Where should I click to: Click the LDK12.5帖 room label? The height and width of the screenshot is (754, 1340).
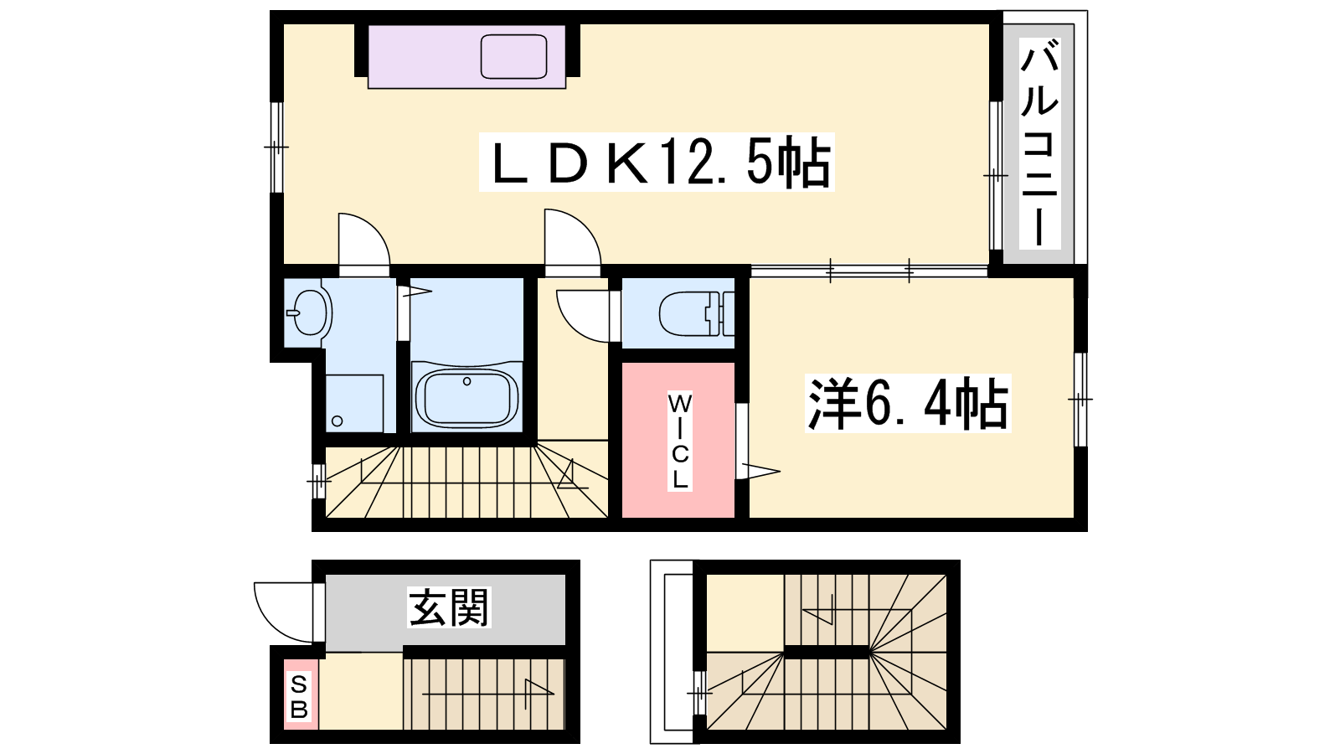click(x=657, y=163)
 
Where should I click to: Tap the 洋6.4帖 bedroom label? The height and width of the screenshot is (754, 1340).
click(x=908, y=403)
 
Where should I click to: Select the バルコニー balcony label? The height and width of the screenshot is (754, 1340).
click(x=1039, y=142)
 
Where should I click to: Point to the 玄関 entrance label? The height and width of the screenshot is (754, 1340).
click(x=449, y=607)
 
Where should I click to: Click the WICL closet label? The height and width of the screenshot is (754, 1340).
click(x=679, y=442)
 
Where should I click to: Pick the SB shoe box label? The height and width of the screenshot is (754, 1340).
click(x=298, y=696)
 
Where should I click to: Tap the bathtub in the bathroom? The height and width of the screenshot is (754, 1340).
click(x=466, y=397)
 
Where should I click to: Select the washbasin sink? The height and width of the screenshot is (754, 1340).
click(x=309, y=312)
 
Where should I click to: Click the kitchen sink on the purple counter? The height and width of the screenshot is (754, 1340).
click(x=514, y=57)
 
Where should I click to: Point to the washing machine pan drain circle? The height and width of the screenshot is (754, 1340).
click(x=337, y=421)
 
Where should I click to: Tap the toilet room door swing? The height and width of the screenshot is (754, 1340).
click(x=584, y=316)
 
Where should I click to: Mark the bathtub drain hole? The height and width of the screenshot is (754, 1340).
click(x=467, y=381)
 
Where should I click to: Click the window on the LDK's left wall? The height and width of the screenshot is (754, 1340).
click(x=276, y=147)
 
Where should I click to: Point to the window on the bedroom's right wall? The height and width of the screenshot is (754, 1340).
click(x=1080, y=399)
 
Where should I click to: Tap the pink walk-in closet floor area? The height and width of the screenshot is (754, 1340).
click(x=678, y=440)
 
